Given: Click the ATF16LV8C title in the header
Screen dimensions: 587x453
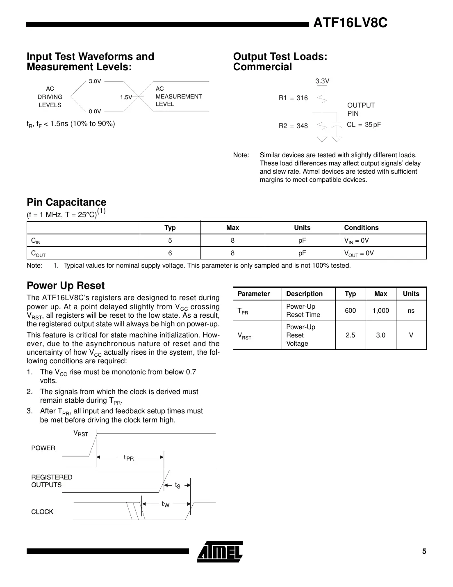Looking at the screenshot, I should (350, 23).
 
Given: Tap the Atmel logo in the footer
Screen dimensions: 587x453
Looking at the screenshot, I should (220, 551).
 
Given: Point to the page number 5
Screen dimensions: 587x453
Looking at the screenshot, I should (424, 551).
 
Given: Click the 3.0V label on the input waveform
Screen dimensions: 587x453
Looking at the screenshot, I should (95, 81).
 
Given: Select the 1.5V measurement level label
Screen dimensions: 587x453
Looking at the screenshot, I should (126, 97).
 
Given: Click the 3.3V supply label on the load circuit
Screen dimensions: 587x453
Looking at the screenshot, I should (322, 81).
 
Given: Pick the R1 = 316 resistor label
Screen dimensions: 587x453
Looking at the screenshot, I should (293, 98).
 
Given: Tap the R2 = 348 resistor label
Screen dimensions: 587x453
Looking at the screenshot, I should (293, 126).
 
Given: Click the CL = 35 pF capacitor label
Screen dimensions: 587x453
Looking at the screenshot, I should (364, 124).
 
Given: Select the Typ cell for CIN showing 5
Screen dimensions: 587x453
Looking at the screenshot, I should (170, 241).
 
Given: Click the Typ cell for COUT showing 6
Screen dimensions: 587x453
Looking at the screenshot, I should (170, 253).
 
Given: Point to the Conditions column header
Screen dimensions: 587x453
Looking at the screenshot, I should (361, 228).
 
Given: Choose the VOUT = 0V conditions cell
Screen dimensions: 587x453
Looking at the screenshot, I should (359, 253).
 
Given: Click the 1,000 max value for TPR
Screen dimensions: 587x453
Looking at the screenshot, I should (380, 311).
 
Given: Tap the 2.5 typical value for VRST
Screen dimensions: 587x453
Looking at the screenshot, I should (350, 335).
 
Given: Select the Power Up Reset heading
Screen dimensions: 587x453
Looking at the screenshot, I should (66, 286).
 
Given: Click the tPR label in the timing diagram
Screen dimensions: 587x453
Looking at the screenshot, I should (129, 457).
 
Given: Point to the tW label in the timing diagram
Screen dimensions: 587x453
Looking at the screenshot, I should (165, 504).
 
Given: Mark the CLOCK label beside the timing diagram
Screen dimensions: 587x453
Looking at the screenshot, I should (42, 511).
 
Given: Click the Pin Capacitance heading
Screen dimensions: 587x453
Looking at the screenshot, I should (66, 202).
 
